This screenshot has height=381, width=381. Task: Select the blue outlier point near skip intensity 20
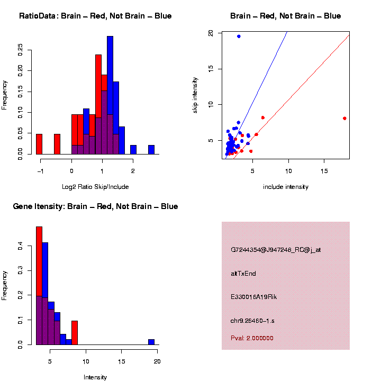[239, 36]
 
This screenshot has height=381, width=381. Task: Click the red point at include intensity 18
[344, 119]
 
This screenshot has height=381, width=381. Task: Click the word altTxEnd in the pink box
[243, 274]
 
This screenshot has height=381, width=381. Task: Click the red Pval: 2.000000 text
[252, 338]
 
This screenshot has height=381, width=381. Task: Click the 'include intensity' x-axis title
[285, 187]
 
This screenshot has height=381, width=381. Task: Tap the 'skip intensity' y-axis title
[196, 95]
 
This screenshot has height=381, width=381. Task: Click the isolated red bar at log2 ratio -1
[39, 144]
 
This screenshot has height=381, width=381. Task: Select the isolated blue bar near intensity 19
[151, 342]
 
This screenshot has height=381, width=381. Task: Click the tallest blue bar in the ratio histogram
[110, 95]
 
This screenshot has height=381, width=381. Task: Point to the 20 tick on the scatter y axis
[211, 33]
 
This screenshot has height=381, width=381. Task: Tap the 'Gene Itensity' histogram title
[95, 206]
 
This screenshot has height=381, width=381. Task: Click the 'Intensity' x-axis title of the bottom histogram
[95, 377]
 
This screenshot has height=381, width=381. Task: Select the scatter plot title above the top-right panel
[285, 16]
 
